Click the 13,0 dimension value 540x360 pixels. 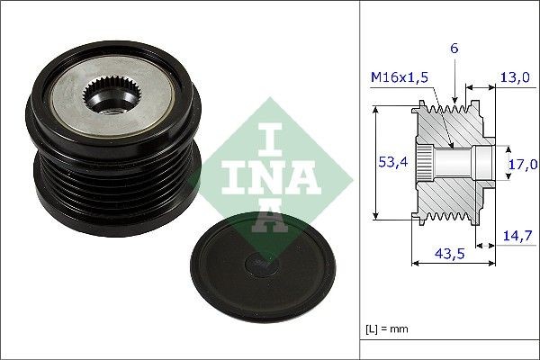pos(516,78)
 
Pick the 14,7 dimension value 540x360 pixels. pos(517,236)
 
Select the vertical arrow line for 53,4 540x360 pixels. pos(374,163)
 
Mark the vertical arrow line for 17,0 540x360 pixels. pos(502,163)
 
